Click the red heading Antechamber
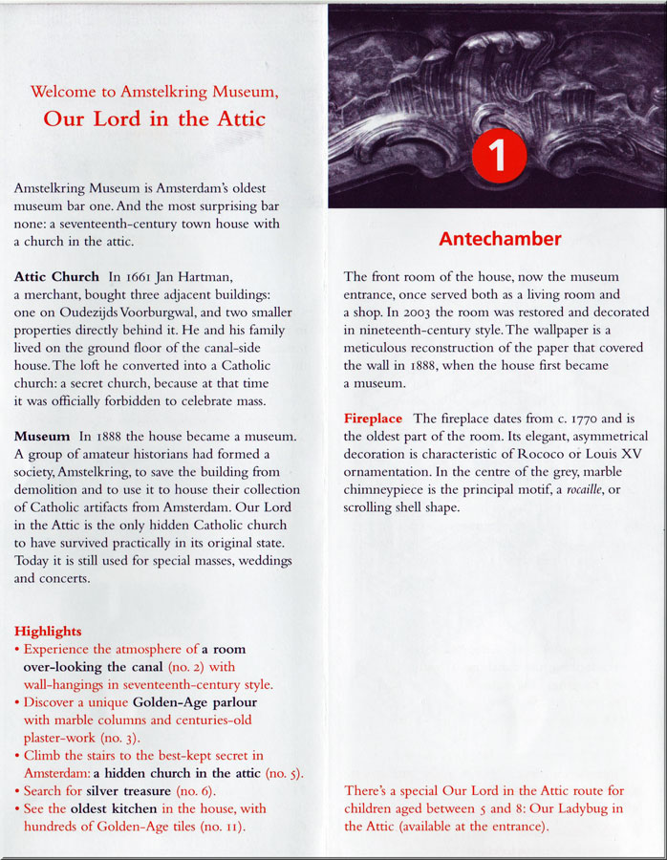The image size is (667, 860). [x=500, y=239]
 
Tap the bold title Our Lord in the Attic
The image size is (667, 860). [x=154, y=119]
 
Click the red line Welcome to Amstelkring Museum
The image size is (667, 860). [x=154, y=93]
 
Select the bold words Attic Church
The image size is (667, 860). [x=56, y=277]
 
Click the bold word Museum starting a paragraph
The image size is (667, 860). [x=42, y=437]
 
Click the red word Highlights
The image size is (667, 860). [x=48, y=632]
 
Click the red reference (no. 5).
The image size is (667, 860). [x=284, y=773]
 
